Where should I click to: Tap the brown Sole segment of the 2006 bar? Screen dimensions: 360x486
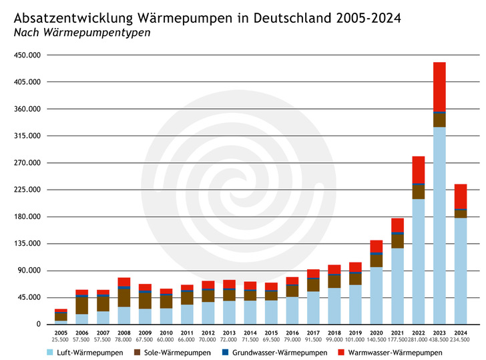pyautogui.click(x=81, y=305)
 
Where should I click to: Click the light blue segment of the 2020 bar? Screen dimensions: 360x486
pyautogui.click(x=377, y=295)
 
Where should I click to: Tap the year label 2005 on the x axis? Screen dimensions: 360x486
pyautogui.click(x=61, y=333)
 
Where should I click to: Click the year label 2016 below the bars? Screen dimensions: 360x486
pyautogui.click(x=292, y=333)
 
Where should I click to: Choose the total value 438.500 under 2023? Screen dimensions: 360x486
pyautogui.click(x=439, y=340)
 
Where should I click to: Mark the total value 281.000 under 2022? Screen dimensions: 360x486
pyautogui.click(x=419, y=340)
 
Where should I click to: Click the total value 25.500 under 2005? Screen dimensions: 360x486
pyautogui.click(x=61, y=340)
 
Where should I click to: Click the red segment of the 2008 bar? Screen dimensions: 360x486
pyautogui.click(x=124, y=282)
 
